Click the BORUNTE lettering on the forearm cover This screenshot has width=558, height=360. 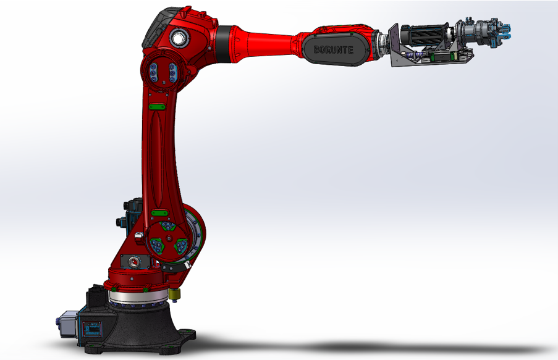pos(334,49)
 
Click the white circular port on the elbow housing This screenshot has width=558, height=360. pos(179,38)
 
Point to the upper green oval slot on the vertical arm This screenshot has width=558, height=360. pos(157,107)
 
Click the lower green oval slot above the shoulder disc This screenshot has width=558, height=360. pos(159,214)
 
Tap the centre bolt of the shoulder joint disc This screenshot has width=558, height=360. pos(169,238)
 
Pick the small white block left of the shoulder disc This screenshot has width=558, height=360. pos(139,235)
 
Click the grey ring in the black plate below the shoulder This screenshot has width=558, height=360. pos(135,262)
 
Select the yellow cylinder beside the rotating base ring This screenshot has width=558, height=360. pos(174,294)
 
